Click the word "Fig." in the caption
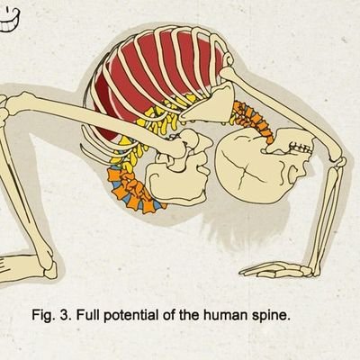[x=42, y=316]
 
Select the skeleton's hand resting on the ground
[x=276, y=269]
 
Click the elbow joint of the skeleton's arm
[x=338, y=161]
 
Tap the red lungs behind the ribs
[x=159, y=75]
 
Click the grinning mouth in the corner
[x=9, y=20]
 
